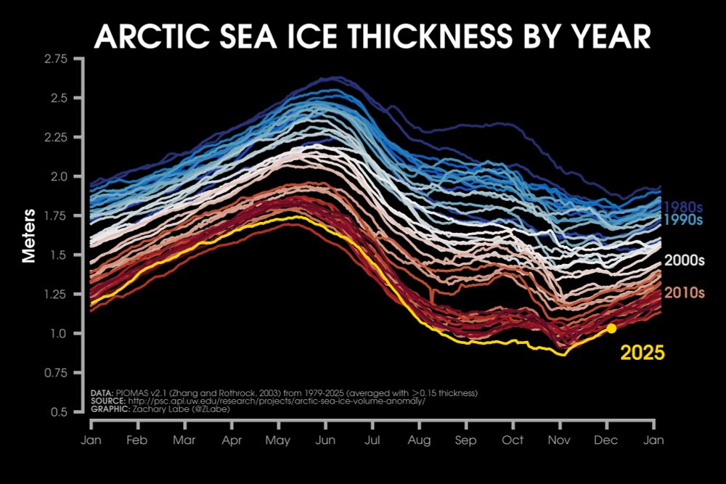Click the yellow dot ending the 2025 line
coord(611,329)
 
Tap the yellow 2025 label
coord(643,353)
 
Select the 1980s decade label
coord(685,206)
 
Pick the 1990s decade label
coord(685,219)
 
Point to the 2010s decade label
coord(685,293)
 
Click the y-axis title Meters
coord(29,236)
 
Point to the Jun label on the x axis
coord(325,440)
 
